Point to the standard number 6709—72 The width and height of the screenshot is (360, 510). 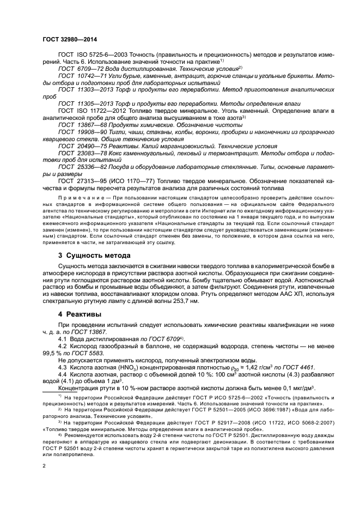(x=88, y=69)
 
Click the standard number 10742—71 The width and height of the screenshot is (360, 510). (x=90, y=76)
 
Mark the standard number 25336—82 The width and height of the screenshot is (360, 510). (x=90, y=165)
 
